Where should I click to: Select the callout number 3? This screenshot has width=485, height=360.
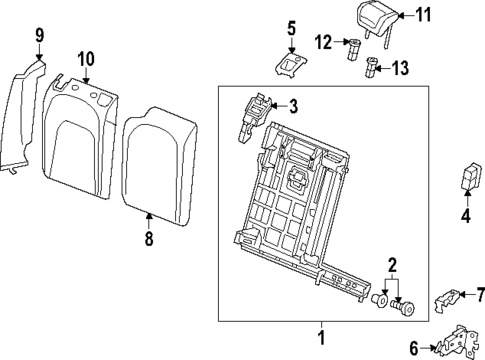[x=294, y=106]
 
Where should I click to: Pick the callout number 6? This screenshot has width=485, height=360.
[x=414, y=347]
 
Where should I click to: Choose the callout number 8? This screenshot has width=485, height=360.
[x=149, y=240]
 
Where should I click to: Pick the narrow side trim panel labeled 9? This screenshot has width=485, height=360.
[x=25, y=120]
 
